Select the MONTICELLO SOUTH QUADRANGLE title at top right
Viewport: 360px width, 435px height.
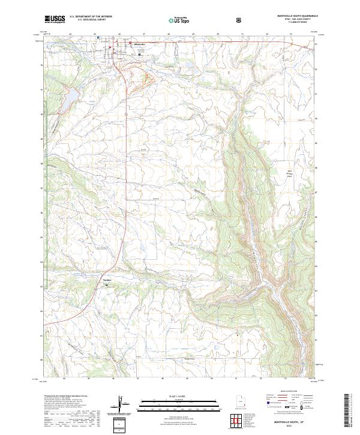[293, 17]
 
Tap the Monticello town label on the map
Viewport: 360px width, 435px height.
[139, 45]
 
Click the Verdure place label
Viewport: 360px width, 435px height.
[108, 281]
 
